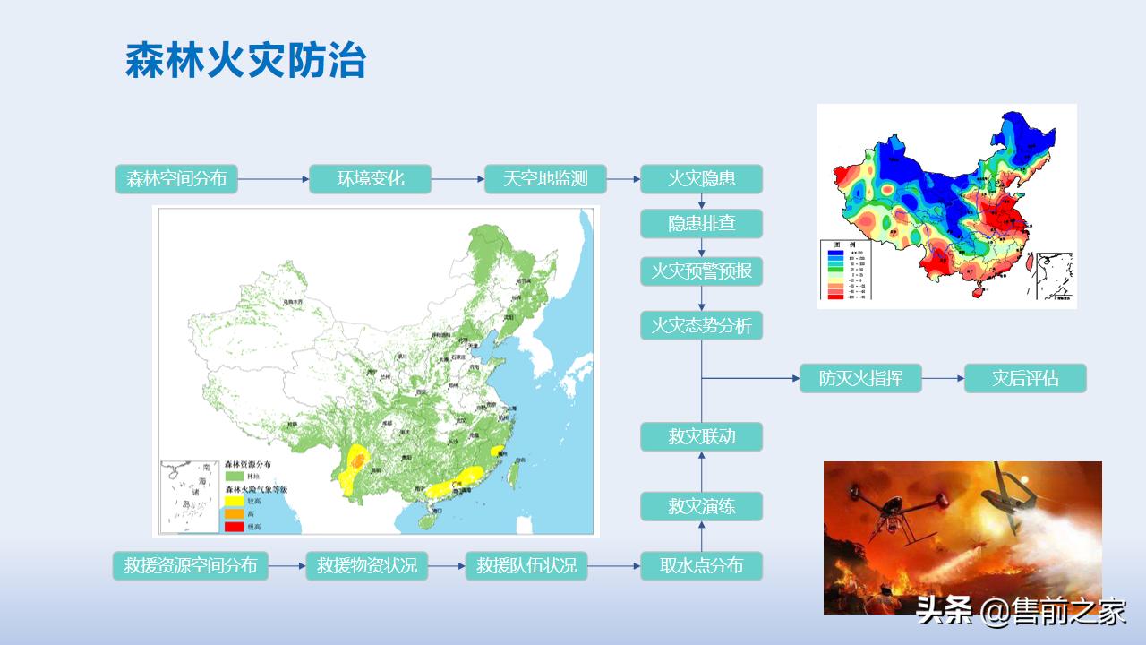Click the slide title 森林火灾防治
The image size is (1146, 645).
coord(245,61)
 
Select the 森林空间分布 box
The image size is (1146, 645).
coord(176,179)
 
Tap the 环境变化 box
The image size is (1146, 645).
coord(371,179)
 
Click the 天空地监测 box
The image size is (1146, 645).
coord(545,179)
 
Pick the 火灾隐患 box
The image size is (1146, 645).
coord(701,179)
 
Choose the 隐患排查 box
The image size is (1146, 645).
coord(701,223)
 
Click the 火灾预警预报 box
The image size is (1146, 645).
coord(701,271)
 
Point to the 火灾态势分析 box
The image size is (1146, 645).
coord(701,325)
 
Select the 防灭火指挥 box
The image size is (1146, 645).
coord(860,378)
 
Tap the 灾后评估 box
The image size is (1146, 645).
coord(1025,378)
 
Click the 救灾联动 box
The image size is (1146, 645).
coord(701,437)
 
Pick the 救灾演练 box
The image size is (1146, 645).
coord(701,507)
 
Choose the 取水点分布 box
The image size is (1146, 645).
coord(701,566)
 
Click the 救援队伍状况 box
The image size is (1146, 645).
coord(526,566)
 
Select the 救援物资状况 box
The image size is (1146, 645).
coord(367,566)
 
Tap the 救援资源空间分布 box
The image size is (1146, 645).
coord(190,566)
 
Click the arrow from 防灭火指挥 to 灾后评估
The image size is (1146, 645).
coord(943,378)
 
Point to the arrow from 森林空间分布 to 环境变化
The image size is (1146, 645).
coord(273,179)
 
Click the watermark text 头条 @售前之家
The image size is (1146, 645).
coord(1020,612)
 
